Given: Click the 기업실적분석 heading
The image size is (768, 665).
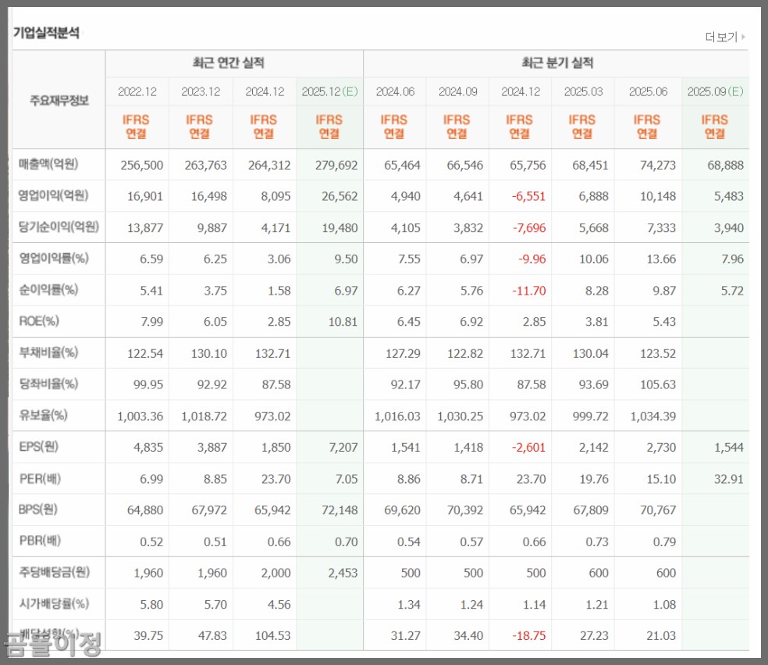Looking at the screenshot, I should pyautogui.click(x=46, y=33).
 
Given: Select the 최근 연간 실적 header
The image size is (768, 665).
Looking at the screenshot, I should pyautogui.click(x=234, y=63).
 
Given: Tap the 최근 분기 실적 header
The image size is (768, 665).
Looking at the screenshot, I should pyautogui.click(x=556, y=63).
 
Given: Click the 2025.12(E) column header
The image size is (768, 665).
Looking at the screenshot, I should pyautogui.click(x=329, y=91).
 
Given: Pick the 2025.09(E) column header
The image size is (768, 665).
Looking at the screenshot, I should pyautogui.click(x=715, y=91).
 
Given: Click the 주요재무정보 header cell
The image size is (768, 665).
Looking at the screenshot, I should pyautogui.click(x=59, y=100).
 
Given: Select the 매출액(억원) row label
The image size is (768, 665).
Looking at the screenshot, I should pyautogui.click(x=49, y=165).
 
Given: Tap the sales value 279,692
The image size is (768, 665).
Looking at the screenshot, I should pyautogui.click(x=338, y=165).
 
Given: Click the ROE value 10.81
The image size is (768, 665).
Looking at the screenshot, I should pyautogui.click(x=343, y=321).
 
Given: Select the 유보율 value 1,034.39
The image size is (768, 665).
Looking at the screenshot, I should pyautogui.click(x=650, y=416).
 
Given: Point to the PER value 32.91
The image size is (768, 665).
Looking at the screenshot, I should pyautogui.click(x=727, y=479).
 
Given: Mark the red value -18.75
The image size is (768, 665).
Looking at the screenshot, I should pyautogui.click(x=528, y=636).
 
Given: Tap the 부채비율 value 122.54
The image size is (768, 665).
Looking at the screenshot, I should pyautogui.click(x=145, y=353).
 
